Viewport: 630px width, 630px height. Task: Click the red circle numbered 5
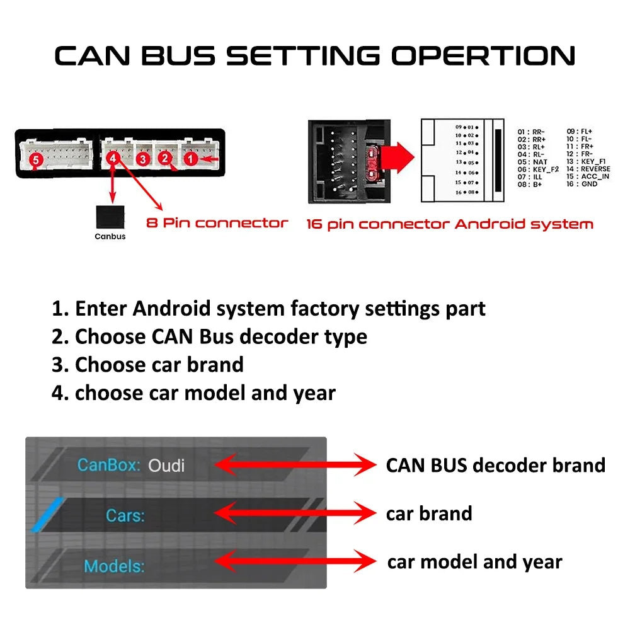click(x=36, y=161)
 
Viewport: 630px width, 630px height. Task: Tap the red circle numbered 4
click(x=113, y=159)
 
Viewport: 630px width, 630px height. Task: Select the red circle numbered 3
click(x=144, y=159)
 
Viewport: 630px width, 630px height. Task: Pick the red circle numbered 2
click(x=165, y=158)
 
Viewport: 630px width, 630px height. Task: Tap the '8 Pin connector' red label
click(x=217, y=223)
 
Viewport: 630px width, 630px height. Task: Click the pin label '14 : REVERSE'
click(x=588, y=169)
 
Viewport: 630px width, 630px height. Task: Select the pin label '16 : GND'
click(x=582, y=184)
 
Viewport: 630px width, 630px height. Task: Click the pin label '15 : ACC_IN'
click(x=588, y=176)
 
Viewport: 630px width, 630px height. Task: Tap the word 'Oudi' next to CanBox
click(x=166, y=466)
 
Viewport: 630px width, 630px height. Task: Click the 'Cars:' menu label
click(x=125, y=515)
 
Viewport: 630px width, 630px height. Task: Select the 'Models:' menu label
click(x=114, y=566)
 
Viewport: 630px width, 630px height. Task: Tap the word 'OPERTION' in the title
click(x=483, y=56)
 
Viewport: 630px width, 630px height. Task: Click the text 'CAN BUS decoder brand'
click(x=495, y=466)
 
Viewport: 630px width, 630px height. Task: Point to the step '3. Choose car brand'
click(x=147, y=365)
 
